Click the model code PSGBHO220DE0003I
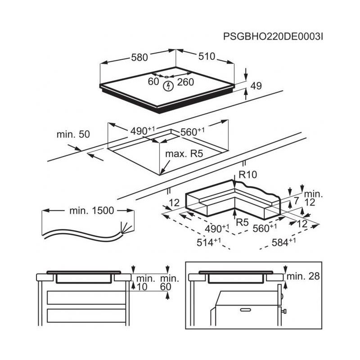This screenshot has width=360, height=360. tap(273, 36)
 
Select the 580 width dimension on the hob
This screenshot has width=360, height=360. tap(139, 57)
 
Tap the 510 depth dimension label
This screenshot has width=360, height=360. tap(207, 56)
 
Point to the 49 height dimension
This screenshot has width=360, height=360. tap(256, 85)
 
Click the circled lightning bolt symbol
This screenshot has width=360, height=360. tap(168, 86)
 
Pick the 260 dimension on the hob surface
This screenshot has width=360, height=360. tap(185, 82)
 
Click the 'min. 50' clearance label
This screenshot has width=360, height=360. tap(73, 134)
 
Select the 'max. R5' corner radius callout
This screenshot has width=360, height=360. tap(184, 153)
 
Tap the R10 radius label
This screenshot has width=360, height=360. tap(248, 175)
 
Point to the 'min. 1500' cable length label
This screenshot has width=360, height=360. tap(92, 211)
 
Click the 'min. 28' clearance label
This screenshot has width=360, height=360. tap(303, 276)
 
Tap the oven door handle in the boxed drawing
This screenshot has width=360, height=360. tap(245, 310)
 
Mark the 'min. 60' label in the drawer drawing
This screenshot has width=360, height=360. tap(170, 283)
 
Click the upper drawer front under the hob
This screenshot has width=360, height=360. tap(86, 297)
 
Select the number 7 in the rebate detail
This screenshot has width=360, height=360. tap(296, 201)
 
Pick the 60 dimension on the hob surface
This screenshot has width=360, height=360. tap(153, 81)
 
